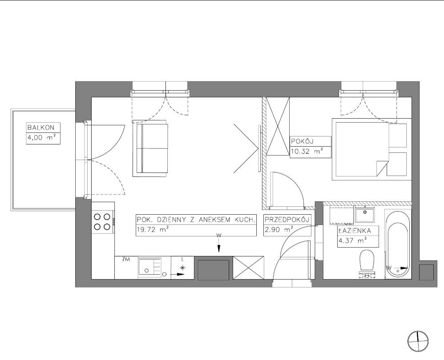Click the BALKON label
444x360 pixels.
(40, 128)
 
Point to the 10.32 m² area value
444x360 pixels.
(307, 151)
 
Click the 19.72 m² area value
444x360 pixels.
(153, 230)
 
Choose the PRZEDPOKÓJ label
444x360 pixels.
(287, 220)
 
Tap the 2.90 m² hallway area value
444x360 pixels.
(279, 230)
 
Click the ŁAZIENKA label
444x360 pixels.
(355, 231)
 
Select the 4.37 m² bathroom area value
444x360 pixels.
(353, 240)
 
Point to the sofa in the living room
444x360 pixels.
(150, 148)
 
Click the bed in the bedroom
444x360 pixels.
(371, 149)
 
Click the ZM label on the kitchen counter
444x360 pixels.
(126, 259)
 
